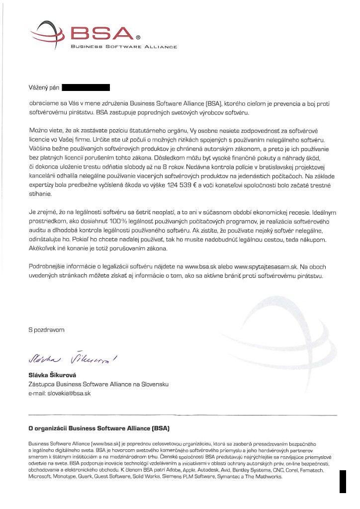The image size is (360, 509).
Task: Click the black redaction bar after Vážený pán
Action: [86, 88]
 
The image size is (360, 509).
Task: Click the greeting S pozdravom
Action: [46, 330]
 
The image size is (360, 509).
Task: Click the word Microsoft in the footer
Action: [40, 477]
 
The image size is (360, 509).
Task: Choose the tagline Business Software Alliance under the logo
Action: [124, 47]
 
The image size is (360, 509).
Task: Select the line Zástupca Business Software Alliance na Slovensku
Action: [98, 385]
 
